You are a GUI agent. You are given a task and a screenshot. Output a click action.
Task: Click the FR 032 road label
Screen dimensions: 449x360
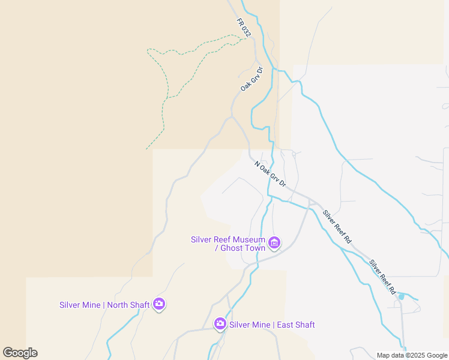pos(243,28)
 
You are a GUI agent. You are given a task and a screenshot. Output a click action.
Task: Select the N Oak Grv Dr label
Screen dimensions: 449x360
pos(270,173)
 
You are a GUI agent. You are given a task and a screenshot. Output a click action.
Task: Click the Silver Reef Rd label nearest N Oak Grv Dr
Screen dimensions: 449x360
pos(337,226)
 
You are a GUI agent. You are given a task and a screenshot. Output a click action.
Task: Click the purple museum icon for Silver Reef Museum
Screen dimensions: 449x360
pos(274,243)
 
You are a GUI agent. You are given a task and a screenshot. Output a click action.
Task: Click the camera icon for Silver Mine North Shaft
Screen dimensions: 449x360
pos(159,304)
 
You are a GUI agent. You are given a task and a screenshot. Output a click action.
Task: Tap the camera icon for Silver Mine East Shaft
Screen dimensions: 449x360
pos(220,325)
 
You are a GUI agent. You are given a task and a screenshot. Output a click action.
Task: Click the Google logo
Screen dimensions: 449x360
pos(20,353)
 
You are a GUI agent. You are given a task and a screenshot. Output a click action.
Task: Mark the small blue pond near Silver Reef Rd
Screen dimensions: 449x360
pos(401,296)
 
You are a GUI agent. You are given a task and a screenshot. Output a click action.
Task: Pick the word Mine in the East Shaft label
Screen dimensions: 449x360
pos(261,325)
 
